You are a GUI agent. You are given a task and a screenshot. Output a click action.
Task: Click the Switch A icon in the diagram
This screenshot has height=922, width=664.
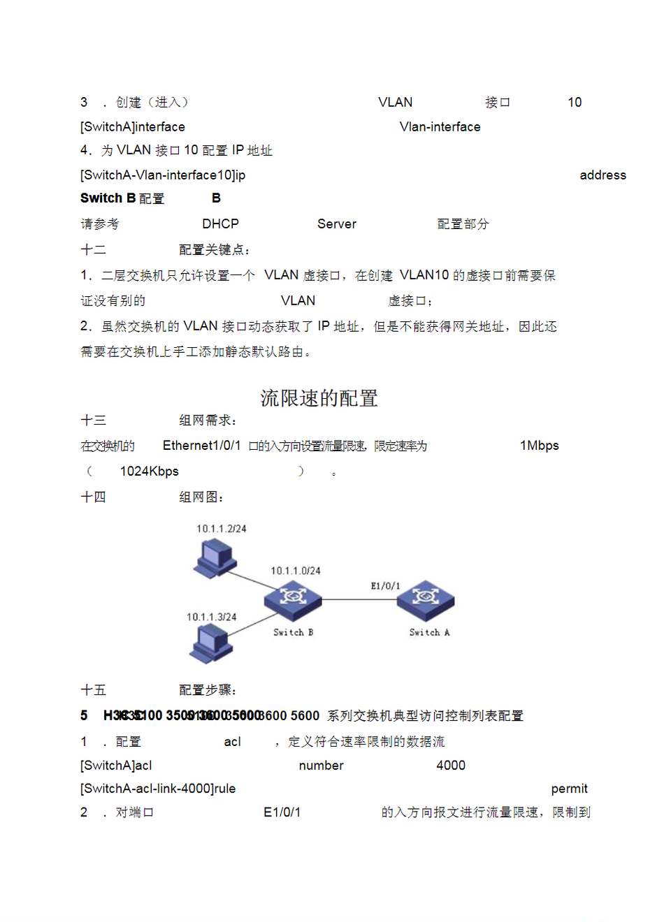tap(426, 600)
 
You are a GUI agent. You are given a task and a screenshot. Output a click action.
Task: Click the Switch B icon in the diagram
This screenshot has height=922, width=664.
tap(293, 601)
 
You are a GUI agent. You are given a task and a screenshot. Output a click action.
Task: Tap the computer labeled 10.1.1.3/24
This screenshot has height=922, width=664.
tap(210, 643)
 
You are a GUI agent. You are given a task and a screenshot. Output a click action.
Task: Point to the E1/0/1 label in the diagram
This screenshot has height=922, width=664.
tap(385, 586)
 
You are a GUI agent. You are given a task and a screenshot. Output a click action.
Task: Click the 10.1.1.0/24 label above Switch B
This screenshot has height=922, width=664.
tap(296, 571)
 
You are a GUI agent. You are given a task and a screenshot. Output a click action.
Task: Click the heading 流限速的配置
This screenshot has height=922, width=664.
tap(319, 398)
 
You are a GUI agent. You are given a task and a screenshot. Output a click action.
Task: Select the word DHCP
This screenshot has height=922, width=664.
tap(220, 224)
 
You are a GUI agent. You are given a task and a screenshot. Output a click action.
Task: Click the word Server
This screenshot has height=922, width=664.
tap(336, 224)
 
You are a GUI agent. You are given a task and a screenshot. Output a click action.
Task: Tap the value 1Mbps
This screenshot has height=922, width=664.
tap(539, 446)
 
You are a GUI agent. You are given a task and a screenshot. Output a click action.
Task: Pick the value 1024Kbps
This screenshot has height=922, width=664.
tap(149, 471)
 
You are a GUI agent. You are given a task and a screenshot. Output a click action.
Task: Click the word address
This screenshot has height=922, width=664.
tap(602, 175)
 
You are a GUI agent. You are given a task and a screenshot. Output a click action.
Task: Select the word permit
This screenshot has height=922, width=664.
tap(569, 789)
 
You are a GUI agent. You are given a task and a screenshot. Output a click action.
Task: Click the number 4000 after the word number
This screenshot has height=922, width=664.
tap(450, 766)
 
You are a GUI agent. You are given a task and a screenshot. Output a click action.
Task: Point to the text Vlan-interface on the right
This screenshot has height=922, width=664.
tap(440, 127)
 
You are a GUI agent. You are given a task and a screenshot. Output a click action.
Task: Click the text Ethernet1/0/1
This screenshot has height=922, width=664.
tap(201, 446)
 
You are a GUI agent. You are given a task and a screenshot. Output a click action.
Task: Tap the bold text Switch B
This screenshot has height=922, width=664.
tap(108, 198)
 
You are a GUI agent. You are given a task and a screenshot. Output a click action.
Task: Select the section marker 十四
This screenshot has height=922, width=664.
tap(93, 497)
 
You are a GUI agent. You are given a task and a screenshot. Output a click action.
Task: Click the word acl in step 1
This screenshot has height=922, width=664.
tap(232, 742)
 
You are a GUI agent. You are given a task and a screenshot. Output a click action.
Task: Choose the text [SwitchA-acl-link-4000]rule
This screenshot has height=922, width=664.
tap(158, 789)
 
